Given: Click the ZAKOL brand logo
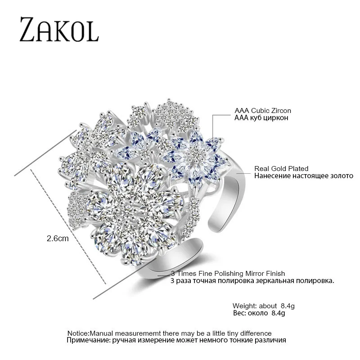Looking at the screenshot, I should click(58, 30).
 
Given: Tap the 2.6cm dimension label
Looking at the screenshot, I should click(57, 239).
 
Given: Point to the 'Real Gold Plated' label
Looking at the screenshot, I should click(281, 168).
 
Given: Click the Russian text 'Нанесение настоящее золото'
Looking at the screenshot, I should click(304, 175).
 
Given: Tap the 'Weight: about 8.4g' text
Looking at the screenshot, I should click(263, 306).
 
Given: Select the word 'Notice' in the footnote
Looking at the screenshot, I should click(78, 333).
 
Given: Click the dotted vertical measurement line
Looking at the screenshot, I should click(67, 225).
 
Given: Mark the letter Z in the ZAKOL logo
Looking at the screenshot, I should click(28, 30).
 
